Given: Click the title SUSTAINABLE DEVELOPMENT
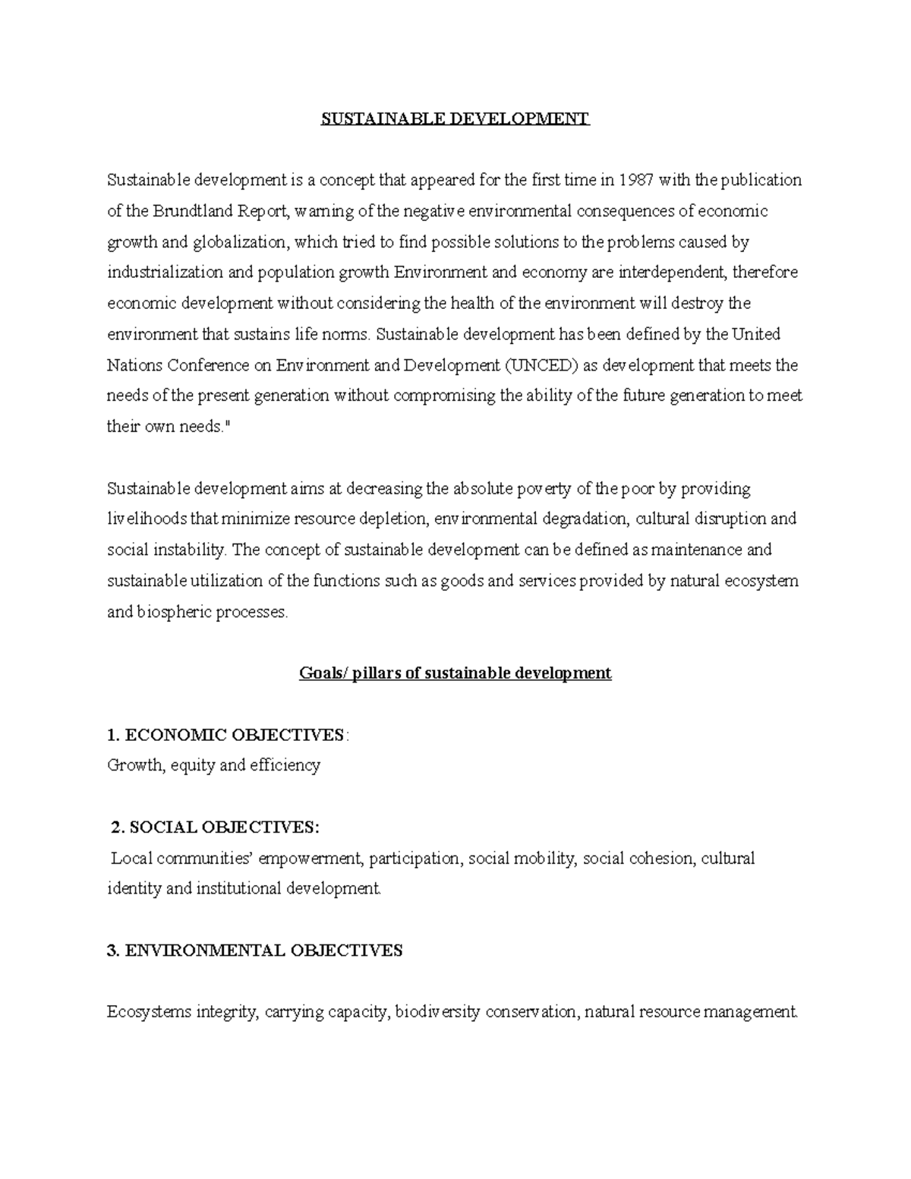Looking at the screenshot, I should coord(455,118).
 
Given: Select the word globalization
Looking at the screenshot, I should coord(241,242).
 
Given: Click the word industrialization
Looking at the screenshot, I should coord(165,273).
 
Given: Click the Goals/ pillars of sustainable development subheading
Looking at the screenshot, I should coord(455,673).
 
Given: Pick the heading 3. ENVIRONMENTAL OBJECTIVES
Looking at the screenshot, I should coord(256,950).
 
